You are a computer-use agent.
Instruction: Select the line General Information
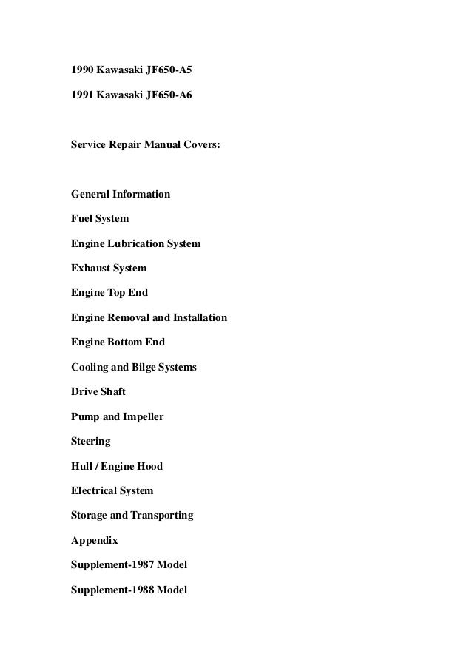[x=120, y=194]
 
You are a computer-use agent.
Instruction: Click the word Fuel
[x=81, y=219]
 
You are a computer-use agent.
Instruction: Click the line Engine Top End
[x=109, y=293]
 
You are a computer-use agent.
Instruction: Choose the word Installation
[x=200, y=318]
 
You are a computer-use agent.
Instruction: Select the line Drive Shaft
[x=98, y=391]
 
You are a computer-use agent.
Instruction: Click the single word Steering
[x=90, y=442]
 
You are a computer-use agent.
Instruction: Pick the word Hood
[x=149, y=466]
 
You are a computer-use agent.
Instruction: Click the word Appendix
[x=94, y=541]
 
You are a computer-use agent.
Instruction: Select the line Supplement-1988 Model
[x=129, y=590]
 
